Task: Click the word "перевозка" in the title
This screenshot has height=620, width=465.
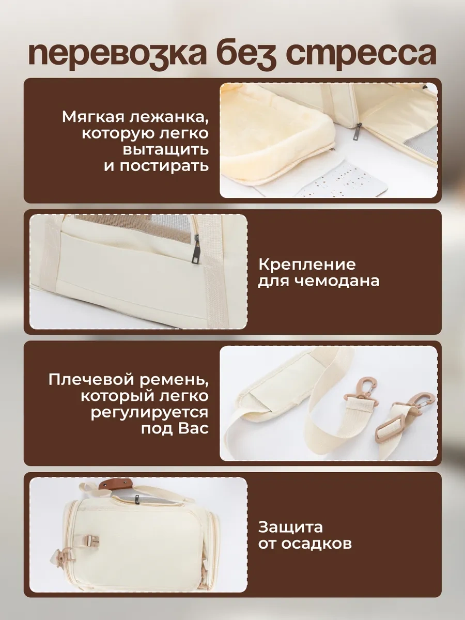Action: (x=117, y=54)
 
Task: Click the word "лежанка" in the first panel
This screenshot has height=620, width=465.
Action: (x=169, y=117)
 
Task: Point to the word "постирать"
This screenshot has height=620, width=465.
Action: (x=164, y=166)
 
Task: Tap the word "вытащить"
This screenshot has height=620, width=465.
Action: (x=166, y=150)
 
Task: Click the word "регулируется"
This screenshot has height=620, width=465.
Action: (x=150, y=413)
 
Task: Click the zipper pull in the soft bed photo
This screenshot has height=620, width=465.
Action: (x=359, y=132)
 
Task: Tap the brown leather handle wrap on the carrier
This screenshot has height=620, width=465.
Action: (x=116, y=486)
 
